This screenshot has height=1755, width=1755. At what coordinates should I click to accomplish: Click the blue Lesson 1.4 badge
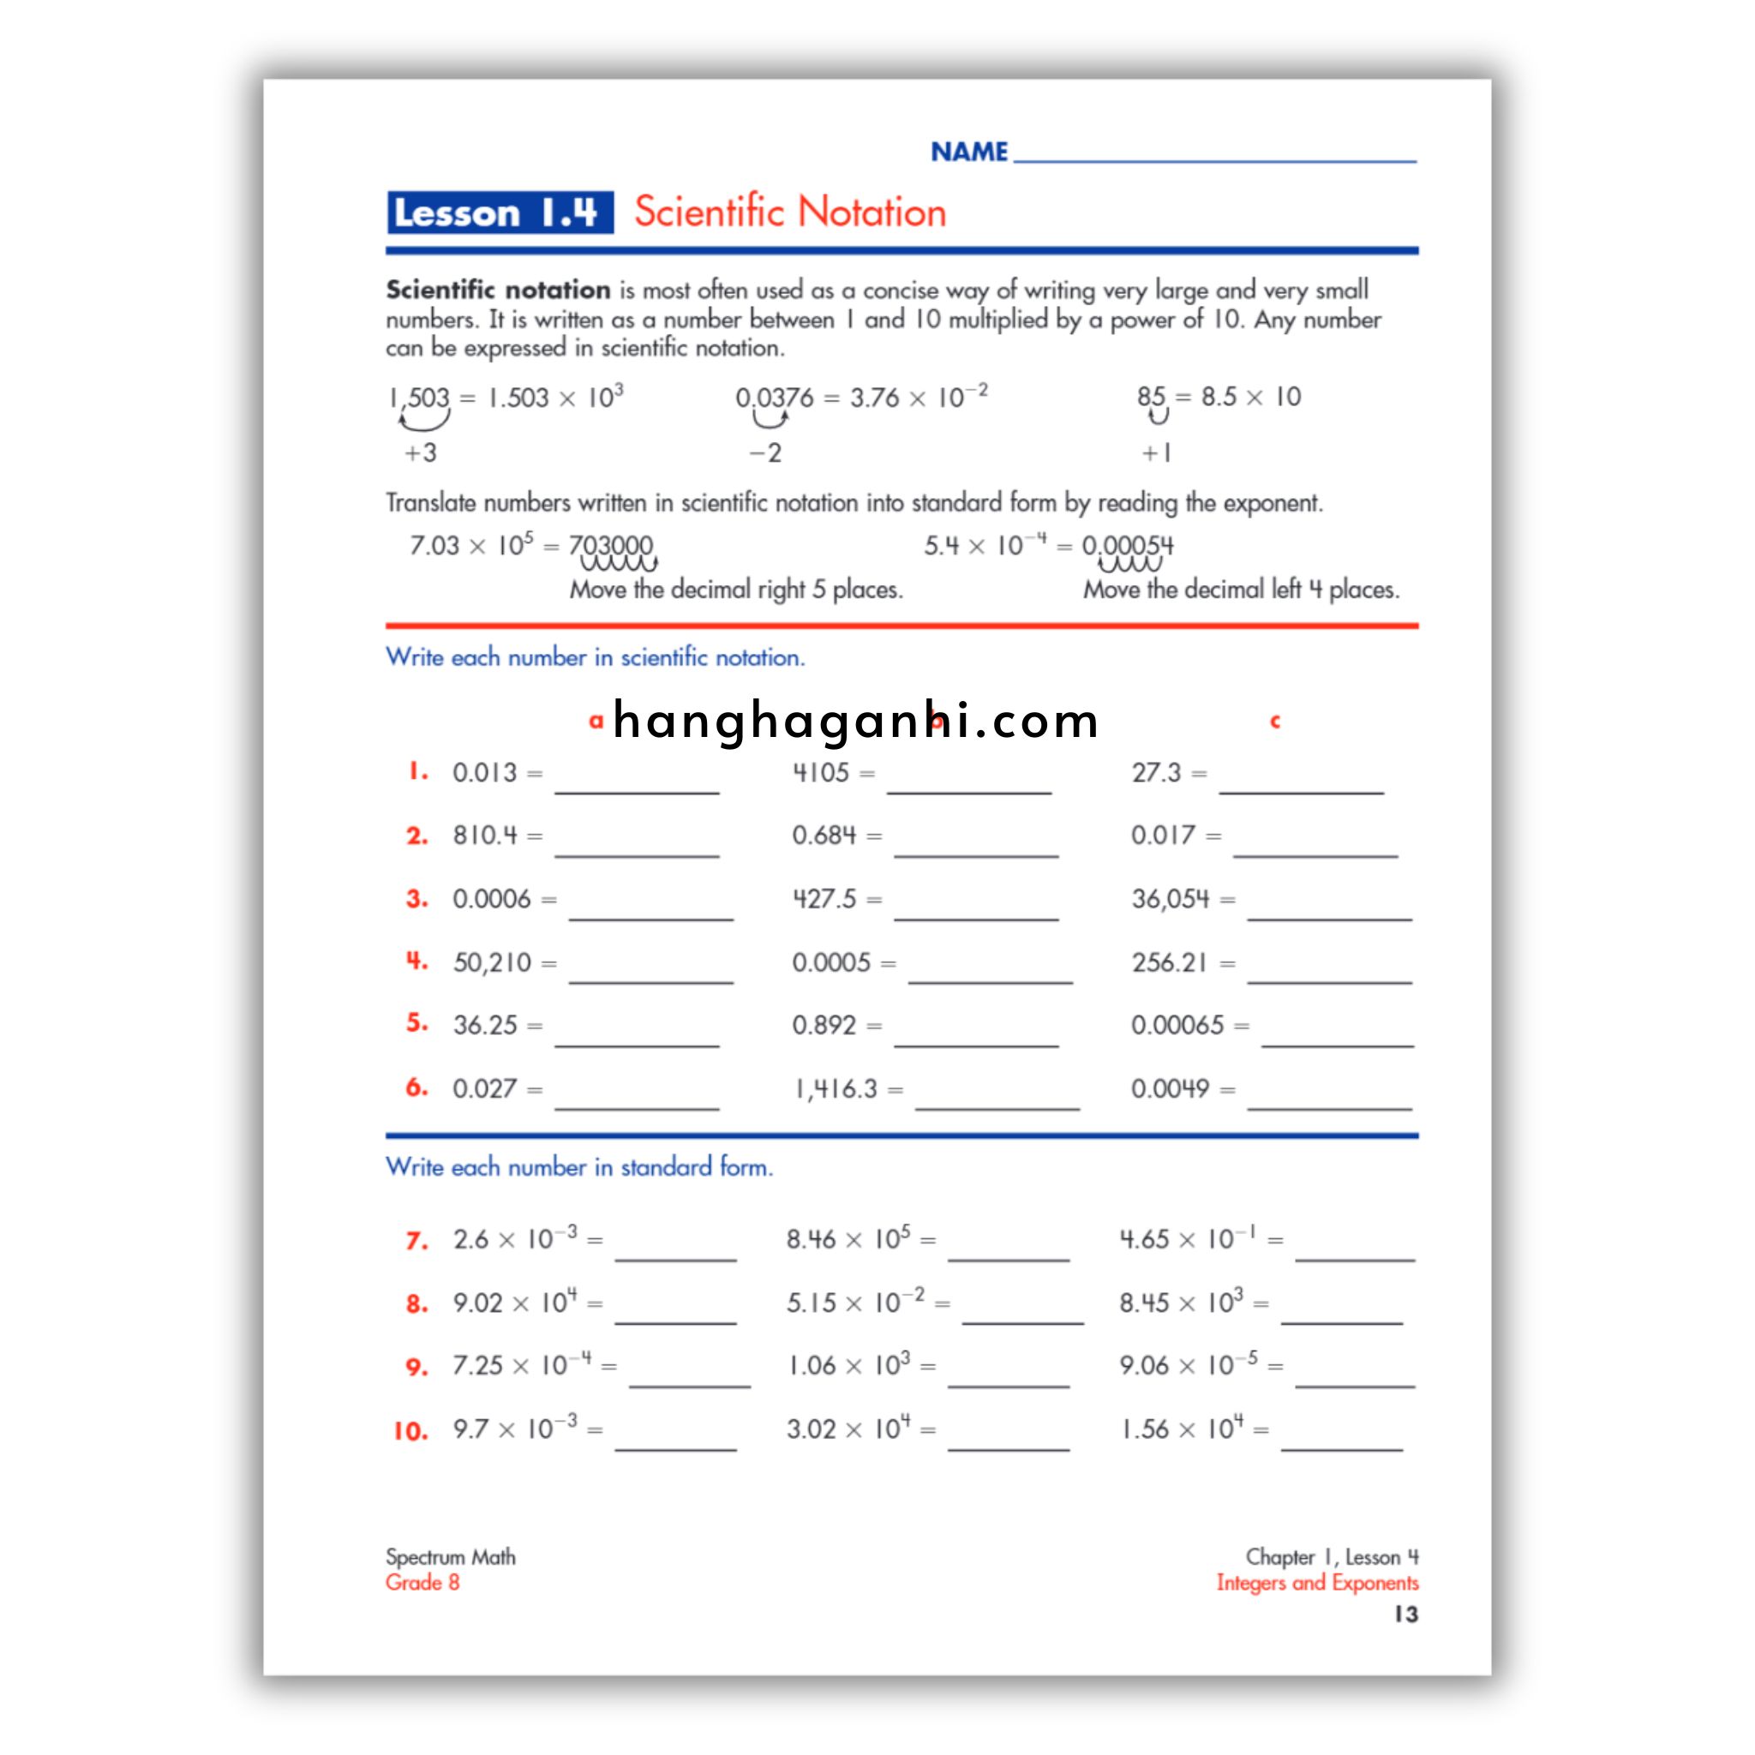(x=500, y=213)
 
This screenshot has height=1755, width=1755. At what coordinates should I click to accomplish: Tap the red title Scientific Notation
(x=789, y=212)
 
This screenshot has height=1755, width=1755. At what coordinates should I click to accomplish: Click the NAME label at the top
(x=968, y=152)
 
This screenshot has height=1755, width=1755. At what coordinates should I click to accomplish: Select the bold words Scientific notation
(x=498, y=290)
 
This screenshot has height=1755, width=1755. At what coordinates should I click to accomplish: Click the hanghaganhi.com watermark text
(x=856, y=722)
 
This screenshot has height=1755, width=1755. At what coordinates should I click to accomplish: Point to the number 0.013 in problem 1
(x=484, y=772)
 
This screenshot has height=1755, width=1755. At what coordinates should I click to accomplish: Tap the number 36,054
(x=1170, y=899)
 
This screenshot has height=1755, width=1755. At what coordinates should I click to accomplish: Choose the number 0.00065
(x=1177, y=1026)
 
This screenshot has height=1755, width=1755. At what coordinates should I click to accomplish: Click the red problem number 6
(x=416, y=1087)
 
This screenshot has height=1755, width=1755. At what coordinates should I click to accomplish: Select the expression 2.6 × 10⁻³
(x=514, y=1239)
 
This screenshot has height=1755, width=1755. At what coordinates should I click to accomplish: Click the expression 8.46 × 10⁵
(x=848, y=1239)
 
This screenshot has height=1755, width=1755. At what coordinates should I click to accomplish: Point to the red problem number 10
(x=410, y=1432)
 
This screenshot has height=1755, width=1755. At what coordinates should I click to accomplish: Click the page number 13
(x=1405, y=1614)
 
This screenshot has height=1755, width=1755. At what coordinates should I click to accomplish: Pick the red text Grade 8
(x=422, y=1583)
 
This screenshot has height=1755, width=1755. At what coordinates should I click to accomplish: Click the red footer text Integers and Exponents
(x=1317, y=1583)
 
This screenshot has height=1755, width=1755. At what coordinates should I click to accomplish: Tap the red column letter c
(x=1274, y=722)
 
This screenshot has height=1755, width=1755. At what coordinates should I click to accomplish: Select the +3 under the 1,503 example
(x=421, y=452)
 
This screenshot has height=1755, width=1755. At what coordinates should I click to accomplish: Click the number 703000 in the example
(x=610, y=545)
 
